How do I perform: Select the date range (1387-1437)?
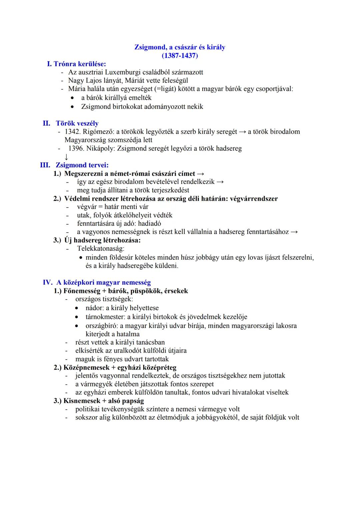coord(180,56)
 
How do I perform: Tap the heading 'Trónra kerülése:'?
coord(80,64)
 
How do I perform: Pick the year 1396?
coord(76,148)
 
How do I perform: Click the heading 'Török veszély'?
coord(77,124)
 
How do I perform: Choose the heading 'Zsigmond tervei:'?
coord(82,165)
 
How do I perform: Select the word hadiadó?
coord(149,224)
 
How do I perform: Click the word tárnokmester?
coord(104,317)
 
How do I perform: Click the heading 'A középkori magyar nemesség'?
coord(103,283)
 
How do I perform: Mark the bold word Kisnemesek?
coord(80,401)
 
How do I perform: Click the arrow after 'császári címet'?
coord(200,174)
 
